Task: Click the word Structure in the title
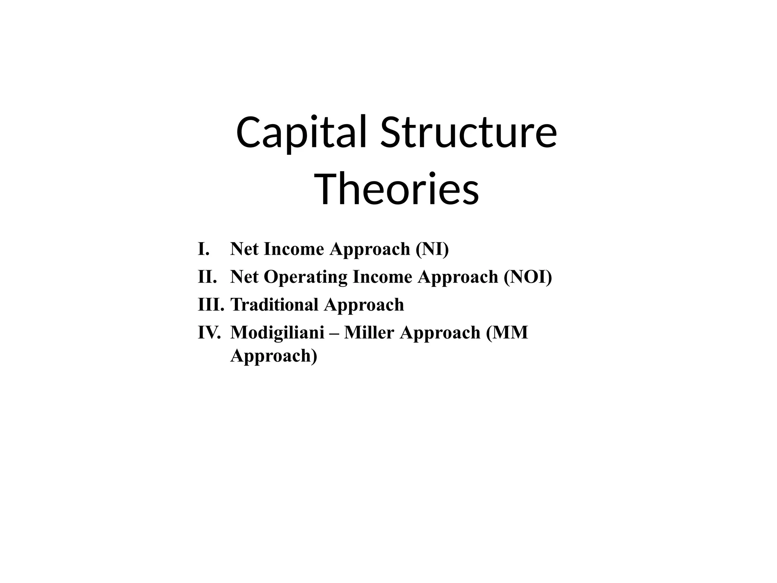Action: click(469, 133)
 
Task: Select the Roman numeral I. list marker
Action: click(204, 249)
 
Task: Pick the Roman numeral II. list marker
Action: click(207, 277)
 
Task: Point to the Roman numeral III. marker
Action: click(211, 304)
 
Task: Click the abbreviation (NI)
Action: click(432, 249)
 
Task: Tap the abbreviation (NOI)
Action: click(528, 277)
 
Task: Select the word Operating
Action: click(305, 277)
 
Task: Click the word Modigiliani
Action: click(277, 333)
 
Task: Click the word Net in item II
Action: click(244, 277)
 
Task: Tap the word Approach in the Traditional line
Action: click(364, 305)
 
